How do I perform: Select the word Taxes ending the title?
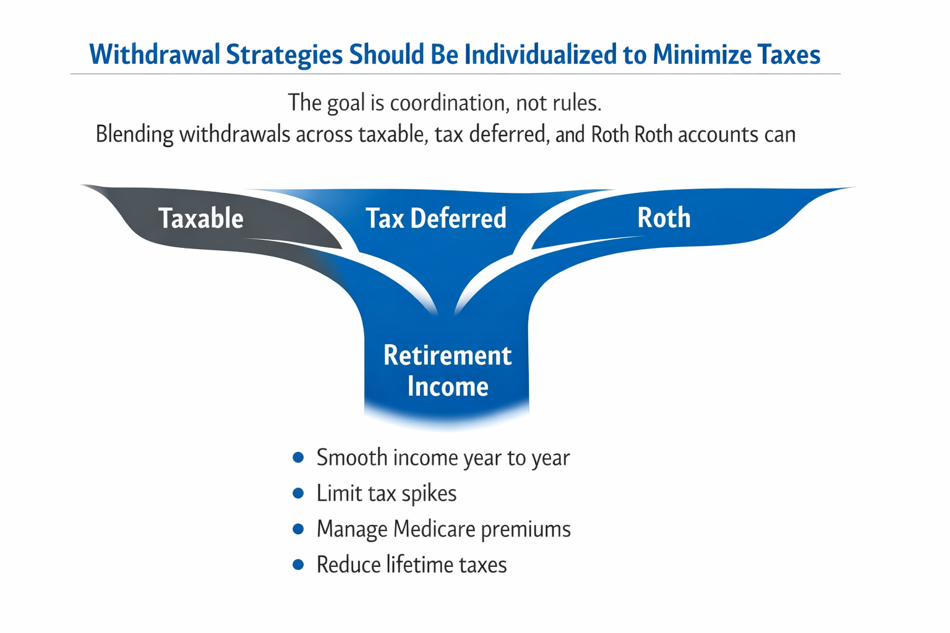pos(789,54)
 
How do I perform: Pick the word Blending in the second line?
pos(134,134)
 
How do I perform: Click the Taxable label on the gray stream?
pos(200,218)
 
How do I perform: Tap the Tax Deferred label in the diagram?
pos(436,218)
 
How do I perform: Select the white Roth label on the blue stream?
pos(664,218)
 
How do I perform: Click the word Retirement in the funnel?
pos(447,355)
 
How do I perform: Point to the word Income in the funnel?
pos(448,387)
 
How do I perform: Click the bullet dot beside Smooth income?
pos(298,457)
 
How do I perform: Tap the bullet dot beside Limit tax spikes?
pos(298,493)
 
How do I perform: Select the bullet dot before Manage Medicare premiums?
pos(298,529)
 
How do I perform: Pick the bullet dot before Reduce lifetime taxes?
pos(298,565)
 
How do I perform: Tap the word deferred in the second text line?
pos(509,134)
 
